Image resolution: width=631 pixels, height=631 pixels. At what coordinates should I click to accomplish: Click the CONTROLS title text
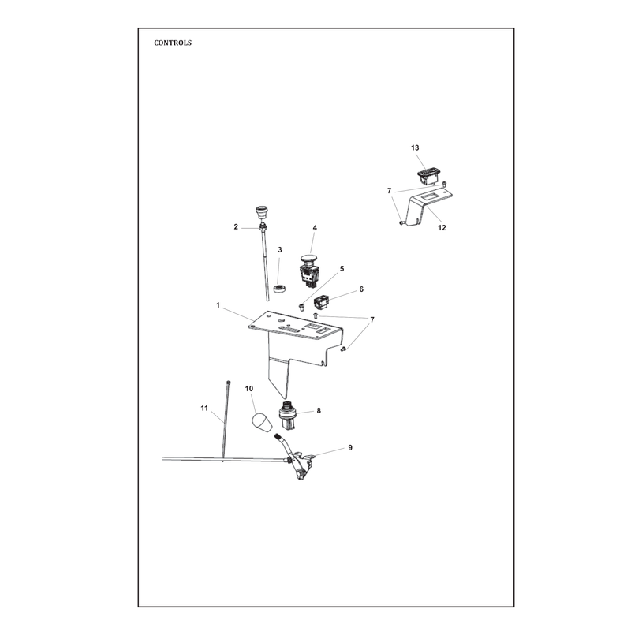(x=173, y=43)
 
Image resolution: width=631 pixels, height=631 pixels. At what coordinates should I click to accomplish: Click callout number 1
(x=218, y=305)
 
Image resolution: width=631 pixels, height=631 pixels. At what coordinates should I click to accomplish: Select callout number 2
(x=236, y=227)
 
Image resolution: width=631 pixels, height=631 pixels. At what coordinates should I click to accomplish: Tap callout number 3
(x=280, y=250)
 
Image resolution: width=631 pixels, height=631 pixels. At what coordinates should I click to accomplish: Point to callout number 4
(x=315, y=228)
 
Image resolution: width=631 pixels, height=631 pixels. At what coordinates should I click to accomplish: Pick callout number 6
(x=361, y=289)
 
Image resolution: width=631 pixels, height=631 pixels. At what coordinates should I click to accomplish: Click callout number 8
(x=319, y=411)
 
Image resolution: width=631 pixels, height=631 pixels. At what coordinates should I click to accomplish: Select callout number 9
(x=350, y=447)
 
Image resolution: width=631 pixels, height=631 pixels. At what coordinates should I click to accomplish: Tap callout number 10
(x=249, y=389)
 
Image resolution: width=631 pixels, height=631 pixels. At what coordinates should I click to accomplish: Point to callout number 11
(x=204, y=409)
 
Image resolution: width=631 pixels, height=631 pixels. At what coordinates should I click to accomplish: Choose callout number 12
(x=442, y=228)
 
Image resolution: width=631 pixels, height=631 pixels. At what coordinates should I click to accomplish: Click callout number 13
(x=415, y=148)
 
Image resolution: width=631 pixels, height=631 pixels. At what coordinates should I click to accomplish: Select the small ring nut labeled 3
(x=279, y=288)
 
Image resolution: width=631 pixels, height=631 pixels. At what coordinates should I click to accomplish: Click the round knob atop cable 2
(x=262, y=212)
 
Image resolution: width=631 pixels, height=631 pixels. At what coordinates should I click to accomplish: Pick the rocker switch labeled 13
(x=428, y=177)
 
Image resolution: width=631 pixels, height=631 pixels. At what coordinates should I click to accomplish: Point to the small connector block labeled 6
(x=322, y=303)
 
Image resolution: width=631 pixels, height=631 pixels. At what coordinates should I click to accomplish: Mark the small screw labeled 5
(x=301, y=308)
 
